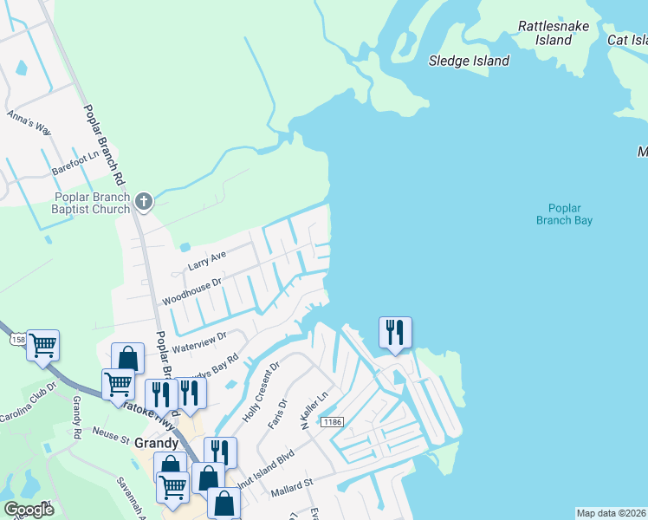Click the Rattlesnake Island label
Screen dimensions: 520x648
[553, 33]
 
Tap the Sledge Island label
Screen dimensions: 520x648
[469, 61]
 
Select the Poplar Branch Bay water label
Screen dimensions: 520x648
[570, 214]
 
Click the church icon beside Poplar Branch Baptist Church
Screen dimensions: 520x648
[144, 202]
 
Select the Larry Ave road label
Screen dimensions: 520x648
[208, 257]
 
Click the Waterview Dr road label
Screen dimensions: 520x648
[198, 341]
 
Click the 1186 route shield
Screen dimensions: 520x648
[332, 422]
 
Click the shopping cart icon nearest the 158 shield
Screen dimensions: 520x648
[42, 345]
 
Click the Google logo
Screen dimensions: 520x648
[28, 509]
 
